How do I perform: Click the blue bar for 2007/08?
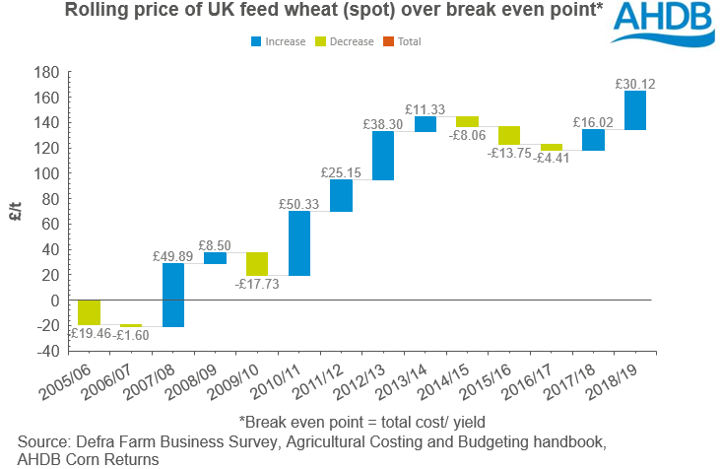click(173, 295)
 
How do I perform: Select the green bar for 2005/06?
click(90, 312)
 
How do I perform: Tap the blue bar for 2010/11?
click(299, 242)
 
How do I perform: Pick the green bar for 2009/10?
click(257, 264)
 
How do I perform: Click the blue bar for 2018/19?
click(635, 110)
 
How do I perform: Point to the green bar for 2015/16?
click(509, 136)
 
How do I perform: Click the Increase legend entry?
click(279, 41)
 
